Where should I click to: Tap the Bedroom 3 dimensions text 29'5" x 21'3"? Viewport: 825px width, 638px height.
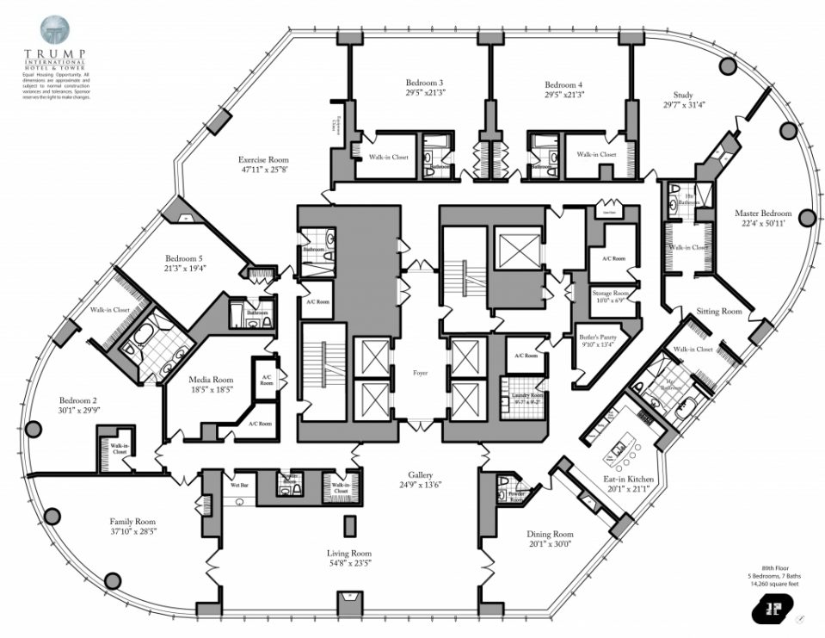pyautogui.click(x=424, y=95)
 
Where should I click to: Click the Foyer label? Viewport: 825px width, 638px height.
pyautogui.click(x=420, y=373)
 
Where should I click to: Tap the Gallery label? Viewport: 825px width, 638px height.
pyautogui.click(x=420, y=474)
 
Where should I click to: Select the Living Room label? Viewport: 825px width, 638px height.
pyautogui.click(x=348, y=553)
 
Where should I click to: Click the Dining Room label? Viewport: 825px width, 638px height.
pyautogui.click(x=550, y=534)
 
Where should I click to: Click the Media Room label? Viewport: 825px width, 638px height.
pyautogui.click(x=211, y=380)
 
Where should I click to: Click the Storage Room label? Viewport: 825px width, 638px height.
pyautogui.click(x=613, y=294)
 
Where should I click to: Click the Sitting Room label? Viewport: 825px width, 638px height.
pyautogui.click(x=718, y=311)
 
